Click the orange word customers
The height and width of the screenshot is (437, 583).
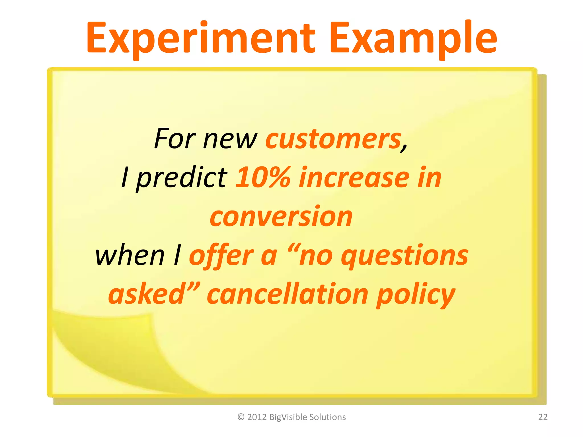[333, 139]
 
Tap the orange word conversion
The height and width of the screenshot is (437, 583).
[281, 217]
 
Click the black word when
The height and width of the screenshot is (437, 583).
[130, 255]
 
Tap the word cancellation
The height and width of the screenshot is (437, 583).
[288, 294]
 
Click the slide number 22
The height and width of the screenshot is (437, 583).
[543, 417]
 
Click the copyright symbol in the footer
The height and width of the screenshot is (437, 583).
[241, 417]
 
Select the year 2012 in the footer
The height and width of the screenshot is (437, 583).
[257, 417]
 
